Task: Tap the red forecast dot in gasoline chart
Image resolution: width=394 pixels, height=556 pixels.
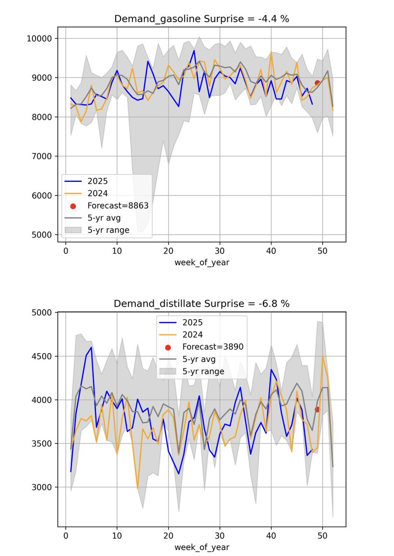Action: [x=318, y=82]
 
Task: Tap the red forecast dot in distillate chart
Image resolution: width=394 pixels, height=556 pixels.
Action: [x=318, y=409]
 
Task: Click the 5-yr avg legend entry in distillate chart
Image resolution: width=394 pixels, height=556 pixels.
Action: [x=197, y=359]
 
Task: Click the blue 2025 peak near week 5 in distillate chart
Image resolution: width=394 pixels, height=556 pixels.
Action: [x=91, y=347]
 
